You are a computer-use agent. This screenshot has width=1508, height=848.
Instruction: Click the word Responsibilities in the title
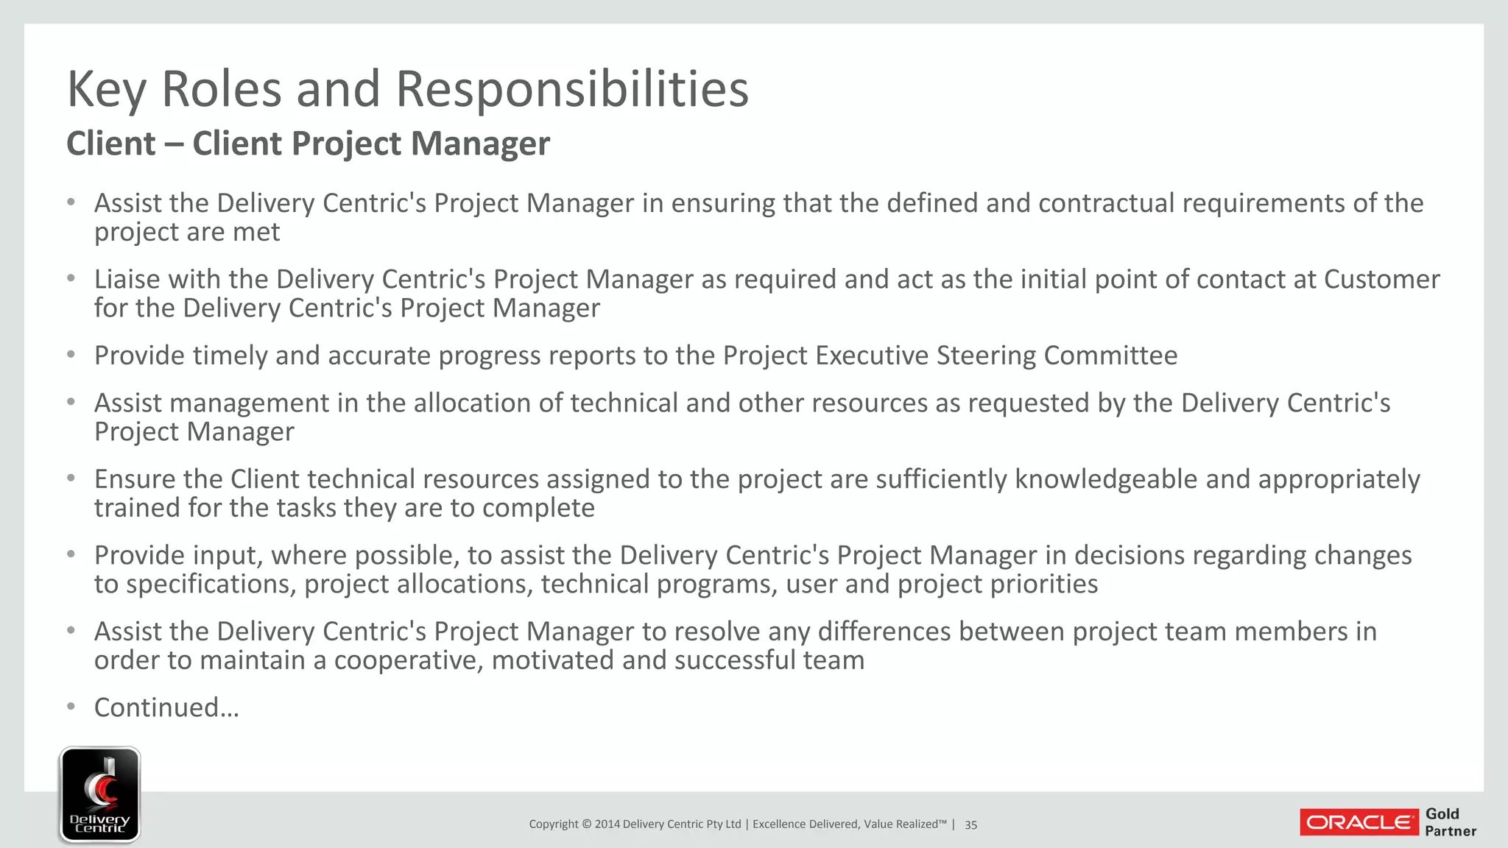pyautogui.click(x=572, y=89)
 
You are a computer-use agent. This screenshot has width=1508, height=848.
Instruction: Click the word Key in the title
pyautogui.click(x=108, y=89)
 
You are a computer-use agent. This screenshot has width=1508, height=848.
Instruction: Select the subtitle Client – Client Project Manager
pyautogui.click(x=308, y=143)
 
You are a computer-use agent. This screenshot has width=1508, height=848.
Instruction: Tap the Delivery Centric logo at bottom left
pyautogui.click(x=99, y=794)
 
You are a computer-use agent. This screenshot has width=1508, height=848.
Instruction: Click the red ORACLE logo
pyautogui.click(x=1359, y=822)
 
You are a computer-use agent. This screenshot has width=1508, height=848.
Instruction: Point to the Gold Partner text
pyautogui.click(x=1450, y=822)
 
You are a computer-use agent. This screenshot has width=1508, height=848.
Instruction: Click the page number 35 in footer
pyautogui.click(x=970, y=824)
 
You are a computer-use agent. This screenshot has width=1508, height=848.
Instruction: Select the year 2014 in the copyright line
pyautogui.click(x=607, y=824)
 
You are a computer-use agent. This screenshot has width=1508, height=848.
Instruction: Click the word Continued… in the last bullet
pyautogui.click(x=166, y=707)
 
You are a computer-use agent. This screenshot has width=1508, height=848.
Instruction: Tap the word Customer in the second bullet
pyautogui.click(x=1381, y=280)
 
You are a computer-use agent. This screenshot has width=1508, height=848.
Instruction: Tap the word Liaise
pyautogui.click(x=127, y=280)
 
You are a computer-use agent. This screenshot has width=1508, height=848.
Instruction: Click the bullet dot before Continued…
pyautogui.click(x=71, y=707)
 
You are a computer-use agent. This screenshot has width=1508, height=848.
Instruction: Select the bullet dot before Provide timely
pyautogui.click(x=71, y=355)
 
